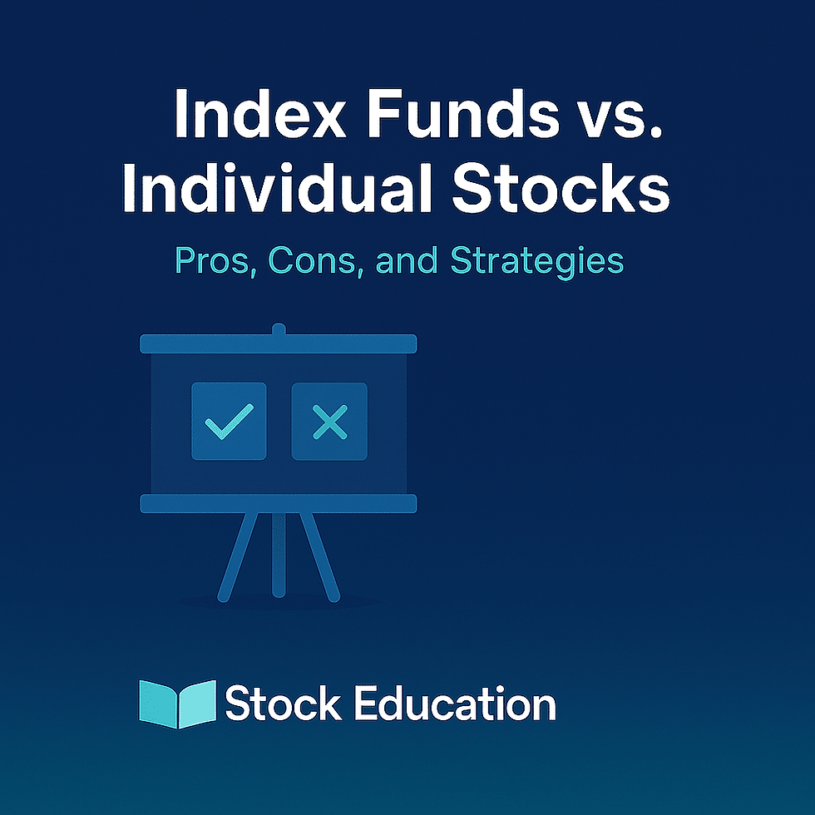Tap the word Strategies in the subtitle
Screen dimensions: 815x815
[536, 261]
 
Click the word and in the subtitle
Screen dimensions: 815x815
[407, 261]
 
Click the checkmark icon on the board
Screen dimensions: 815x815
[229, 422]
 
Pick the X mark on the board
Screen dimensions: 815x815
[329, 422]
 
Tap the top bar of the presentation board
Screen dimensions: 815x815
[278, 343]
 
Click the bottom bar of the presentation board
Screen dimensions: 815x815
[278, 503]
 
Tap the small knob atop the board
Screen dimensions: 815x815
[279, 329]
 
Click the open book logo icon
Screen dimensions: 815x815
[177, 704]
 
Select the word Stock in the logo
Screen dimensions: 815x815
[283, 704]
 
